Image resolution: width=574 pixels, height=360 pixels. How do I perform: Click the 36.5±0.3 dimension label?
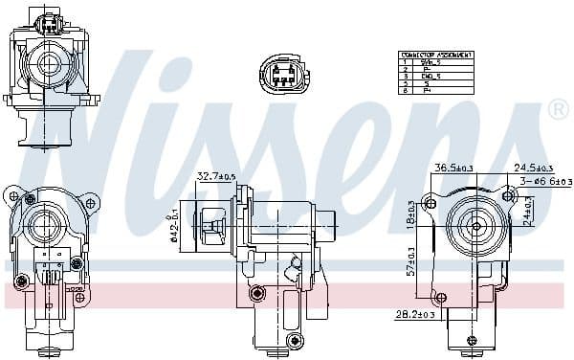[x=454, y=169]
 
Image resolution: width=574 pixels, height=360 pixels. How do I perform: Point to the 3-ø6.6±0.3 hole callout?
[x=545, y=180]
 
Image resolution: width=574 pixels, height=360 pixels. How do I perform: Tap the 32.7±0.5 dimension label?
[x=216, y=176]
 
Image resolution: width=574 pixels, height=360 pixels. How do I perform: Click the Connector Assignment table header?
[x=435, y=55]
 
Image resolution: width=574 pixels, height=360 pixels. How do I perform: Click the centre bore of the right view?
[x=475, y=227]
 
